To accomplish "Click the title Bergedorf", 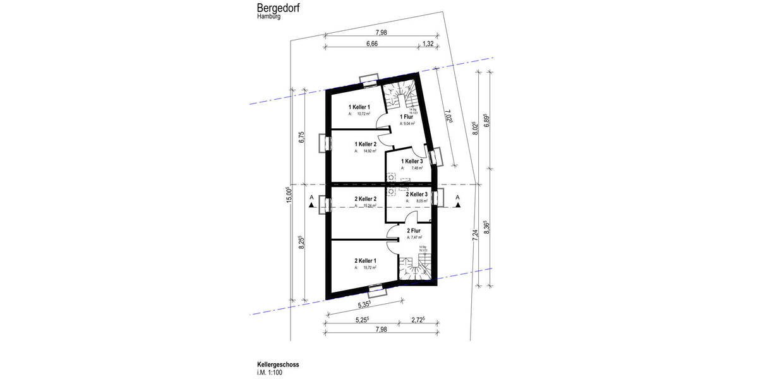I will click(279, 8).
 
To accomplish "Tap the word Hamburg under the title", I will click(269, 17).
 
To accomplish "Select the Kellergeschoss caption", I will click(278, 364).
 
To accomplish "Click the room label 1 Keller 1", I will click(359, 107).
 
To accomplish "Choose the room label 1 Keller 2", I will click(365, 144).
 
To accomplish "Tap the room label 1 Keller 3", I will click(413, 161).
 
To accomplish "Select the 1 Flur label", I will click(406, 117).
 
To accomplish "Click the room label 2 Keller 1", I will click(365, 260).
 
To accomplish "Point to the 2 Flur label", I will click(414, 231).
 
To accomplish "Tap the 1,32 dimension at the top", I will click(428, 44).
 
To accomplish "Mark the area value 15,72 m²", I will click(370, 268).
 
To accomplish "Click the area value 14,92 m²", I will click(370, 152).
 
